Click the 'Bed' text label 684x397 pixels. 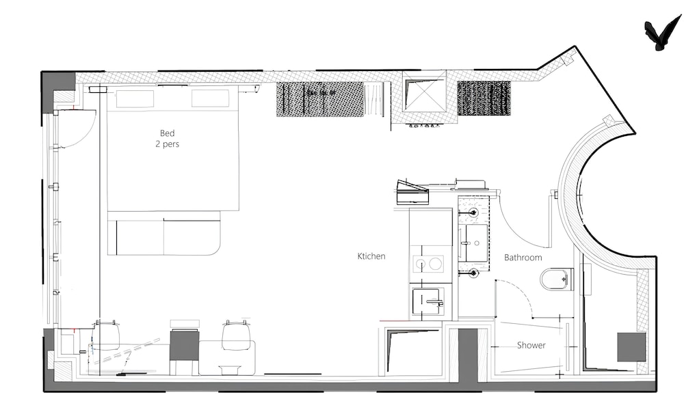(x=167, y=133)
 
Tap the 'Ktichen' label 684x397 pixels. (x=371, y=256)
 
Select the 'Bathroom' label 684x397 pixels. (x=523, y=258)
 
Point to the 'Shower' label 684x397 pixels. (x=531, y=345)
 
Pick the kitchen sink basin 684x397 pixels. (x=428, y=301)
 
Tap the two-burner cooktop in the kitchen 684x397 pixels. (x=428, y=264)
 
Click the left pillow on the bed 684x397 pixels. (x=135, y=98)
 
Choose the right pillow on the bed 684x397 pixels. (x=210, y=98)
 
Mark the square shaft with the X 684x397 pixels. (x=424, y=93)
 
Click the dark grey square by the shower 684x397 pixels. (x=631, y=347)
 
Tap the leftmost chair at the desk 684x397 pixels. (x=106, y=336)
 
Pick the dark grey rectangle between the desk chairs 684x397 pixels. (x=184, y=344)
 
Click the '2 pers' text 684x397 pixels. (x=167, y=144)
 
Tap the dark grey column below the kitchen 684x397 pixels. (x=468, y=355)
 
